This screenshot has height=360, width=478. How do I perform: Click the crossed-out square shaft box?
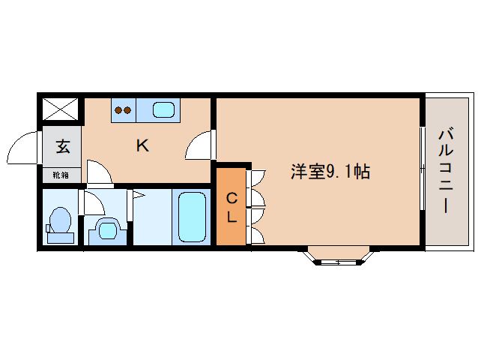60,110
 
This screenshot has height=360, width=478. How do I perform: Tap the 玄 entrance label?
62,146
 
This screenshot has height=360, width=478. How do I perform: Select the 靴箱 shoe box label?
60,175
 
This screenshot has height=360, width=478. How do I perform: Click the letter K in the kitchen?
142,145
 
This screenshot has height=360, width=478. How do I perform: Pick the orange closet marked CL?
232,208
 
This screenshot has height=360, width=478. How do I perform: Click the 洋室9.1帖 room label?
330,172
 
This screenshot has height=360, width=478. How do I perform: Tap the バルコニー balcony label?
446,170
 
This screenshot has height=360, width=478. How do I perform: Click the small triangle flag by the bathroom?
138,196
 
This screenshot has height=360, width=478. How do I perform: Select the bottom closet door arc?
255,233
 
